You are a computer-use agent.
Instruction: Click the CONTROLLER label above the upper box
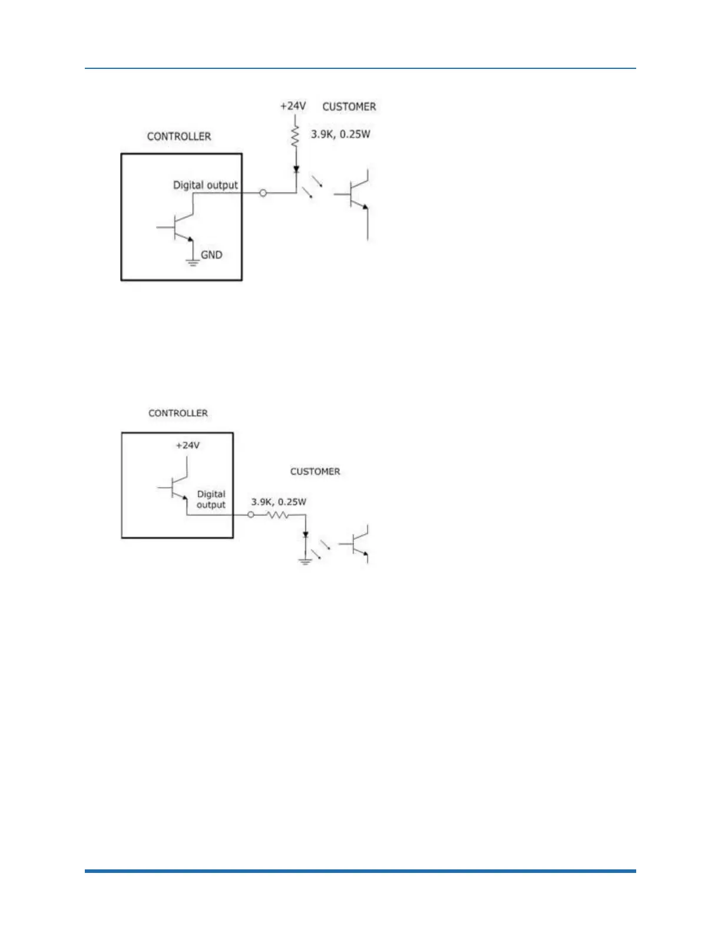point(178,136)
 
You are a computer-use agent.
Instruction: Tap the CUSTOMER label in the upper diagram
point(349,107)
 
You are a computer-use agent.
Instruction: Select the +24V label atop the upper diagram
point(293,106)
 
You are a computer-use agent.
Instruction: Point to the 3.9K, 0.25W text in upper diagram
point(340,134)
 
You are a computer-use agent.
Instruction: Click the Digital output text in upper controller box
point(205,185)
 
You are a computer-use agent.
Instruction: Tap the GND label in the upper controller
point(211,255)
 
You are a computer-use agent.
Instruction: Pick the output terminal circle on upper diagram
point(263,193)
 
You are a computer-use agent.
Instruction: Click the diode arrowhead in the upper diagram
point(296,170)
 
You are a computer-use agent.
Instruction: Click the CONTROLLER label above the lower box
point(178,413)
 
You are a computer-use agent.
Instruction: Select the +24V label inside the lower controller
point(187,445)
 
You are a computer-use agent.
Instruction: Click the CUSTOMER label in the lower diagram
point(315,471)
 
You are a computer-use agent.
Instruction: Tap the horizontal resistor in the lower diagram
point(278,515)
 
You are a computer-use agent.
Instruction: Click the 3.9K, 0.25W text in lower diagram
point(279,502)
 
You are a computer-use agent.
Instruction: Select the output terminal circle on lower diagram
point(251,515)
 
